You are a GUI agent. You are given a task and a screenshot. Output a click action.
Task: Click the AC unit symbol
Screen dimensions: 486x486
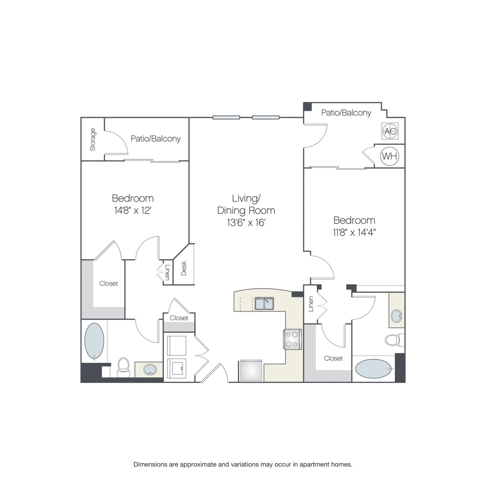[390, 131]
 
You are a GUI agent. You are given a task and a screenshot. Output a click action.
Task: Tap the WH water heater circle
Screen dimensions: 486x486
[389, 156]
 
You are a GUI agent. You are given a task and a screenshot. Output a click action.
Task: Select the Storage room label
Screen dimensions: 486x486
[93, 139]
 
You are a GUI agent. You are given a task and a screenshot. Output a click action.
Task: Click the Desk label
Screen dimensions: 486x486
[184, 268]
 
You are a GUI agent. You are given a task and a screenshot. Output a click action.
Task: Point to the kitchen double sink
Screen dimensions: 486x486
[264, 303]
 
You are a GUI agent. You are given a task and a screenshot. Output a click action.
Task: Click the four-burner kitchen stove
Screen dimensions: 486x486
[292, 339]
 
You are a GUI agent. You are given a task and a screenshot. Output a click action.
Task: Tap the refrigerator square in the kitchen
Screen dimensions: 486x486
[251, 370]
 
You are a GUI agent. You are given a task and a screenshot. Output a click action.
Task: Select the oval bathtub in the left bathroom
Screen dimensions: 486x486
[94, 341]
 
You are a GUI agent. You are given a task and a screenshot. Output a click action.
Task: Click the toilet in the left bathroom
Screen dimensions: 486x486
[123, 367]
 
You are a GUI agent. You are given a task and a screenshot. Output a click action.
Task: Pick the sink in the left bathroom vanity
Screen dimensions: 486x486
[150, 369]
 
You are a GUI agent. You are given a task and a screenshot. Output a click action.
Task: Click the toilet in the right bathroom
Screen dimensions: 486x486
[395, 340]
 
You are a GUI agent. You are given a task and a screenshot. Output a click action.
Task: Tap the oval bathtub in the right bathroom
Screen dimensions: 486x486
[374, 369]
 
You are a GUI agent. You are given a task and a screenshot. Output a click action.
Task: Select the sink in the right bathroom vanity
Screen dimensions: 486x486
[397, 316]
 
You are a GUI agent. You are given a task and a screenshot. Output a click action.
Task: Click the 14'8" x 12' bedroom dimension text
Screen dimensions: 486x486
[133, 211]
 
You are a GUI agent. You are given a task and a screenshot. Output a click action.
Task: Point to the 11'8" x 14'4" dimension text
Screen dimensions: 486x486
[354, 232]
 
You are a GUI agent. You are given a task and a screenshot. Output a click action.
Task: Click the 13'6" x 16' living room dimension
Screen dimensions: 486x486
[246, 222]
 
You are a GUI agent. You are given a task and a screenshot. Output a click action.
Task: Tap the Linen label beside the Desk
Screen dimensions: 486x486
[167, 272]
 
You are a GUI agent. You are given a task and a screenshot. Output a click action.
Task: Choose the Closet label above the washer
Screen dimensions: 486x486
[179, 318]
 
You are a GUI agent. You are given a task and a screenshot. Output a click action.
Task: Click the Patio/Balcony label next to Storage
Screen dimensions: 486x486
[156, 139]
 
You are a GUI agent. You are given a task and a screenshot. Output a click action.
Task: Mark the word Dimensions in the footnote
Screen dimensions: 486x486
[150, 464]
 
